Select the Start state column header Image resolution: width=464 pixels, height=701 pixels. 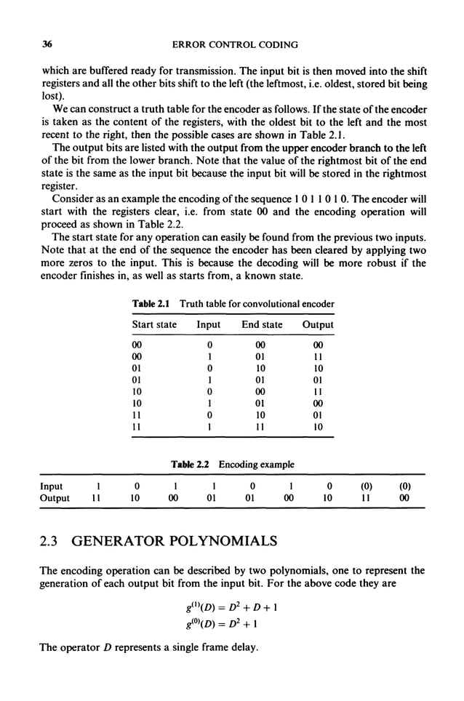(153, 325)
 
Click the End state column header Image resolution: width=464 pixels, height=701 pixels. (262, 325)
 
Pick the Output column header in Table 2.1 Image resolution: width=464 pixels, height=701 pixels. (318, 325)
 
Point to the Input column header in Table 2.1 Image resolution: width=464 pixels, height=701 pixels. (209, 325)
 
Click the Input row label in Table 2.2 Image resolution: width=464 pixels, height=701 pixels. (51, 486)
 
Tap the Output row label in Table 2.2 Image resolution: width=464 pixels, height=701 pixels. (55, 498)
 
